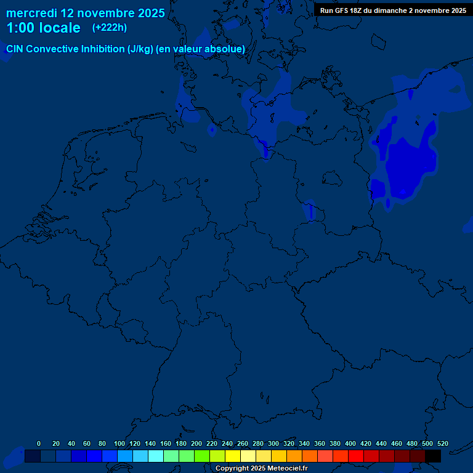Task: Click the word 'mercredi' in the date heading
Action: tap(31, 13)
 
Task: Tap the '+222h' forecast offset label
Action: tap(110, 28)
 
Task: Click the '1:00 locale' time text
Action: tap(43, 28)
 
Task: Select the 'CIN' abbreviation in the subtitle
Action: tap(15, 49)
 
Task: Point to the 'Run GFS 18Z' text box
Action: tap(393, 10)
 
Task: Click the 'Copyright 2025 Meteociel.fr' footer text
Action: tap(261, 468)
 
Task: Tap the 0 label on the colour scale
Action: tap(39, 443)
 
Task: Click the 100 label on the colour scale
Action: tap(119, 443)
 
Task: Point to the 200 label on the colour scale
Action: tap(196, 443)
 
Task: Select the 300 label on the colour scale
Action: tap(273, 443)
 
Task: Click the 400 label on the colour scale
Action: tap(350, 443)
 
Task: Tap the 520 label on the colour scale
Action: tap(443, 443)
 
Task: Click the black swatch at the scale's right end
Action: tap(433, 456)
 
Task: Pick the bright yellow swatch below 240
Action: tap(233, 456)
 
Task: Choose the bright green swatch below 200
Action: tap(202, 456)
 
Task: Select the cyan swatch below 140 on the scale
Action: tap(156, 456)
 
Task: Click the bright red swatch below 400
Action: tap(356, 456)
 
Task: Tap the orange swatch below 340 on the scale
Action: tap(310, 456)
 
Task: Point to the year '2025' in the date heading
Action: tap(151, 13)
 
